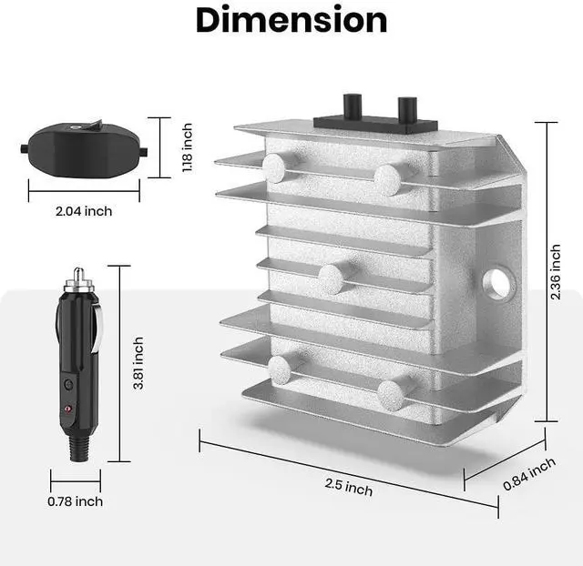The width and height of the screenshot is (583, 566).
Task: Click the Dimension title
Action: tap(291, 20)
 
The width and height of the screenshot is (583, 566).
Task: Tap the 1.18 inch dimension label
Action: tap(188, 147)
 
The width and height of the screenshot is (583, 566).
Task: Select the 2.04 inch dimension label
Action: tap(84, 211)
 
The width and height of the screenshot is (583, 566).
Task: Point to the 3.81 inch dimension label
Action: tap(138, 363)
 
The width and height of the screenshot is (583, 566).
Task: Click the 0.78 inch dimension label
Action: tap(75, 501)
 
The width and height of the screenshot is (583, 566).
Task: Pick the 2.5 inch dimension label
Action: tap(348, 487)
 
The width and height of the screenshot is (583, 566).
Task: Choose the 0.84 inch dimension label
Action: tap(529, 474)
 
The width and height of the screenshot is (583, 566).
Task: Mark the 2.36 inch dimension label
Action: tap(556, 272)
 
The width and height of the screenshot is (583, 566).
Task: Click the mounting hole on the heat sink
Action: tap(498, 284)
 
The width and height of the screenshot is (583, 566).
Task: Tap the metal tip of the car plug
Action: tap(78, 275)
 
